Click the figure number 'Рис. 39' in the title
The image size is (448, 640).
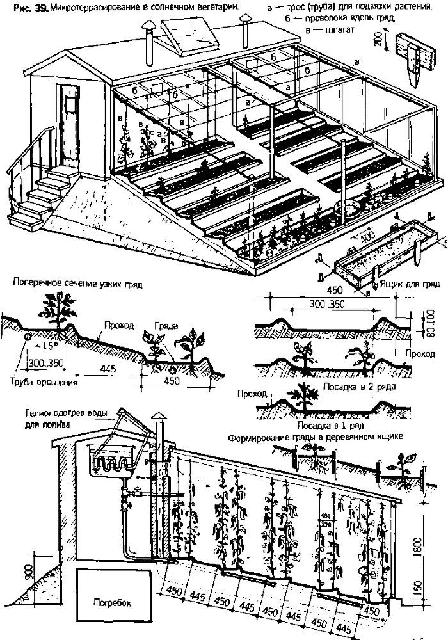point(20,6)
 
